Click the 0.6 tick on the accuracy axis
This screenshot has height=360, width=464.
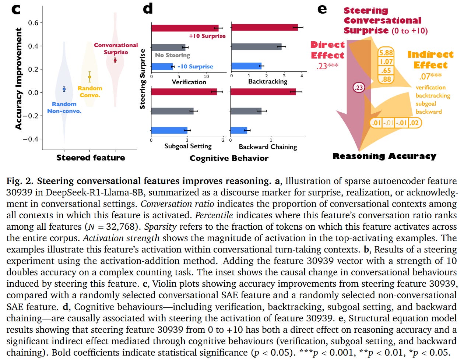pos(33,23)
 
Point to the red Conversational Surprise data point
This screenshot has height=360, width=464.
pos(115,60)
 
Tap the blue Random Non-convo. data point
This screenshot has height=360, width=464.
pos(64,89)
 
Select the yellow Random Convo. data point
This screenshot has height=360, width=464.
pos(89,77)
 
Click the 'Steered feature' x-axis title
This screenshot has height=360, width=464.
pos(90,158)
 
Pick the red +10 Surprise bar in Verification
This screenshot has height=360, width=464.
pos(185,28)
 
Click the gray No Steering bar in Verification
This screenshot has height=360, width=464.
pos(168,47)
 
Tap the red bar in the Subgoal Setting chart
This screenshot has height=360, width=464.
pos(184,92)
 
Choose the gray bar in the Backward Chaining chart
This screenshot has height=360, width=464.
pos(246,111)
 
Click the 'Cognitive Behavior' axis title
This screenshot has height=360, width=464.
pos(229,158)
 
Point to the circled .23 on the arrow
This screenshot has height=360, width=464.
pos(358,88)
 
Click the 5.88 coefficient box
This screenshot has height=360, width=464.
pos(386,53)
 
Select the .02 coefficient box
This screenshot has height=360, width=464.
pos(414,123)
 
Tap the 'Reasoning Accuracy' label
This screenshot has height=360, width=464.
pos(384,156)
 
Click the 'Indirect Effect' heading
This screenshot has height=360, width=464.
pos(430,60)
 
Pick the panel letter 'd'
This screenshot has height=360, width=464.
pos(148,8)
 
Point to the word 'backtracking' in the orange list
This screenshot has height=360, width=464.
pos(433,96)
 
